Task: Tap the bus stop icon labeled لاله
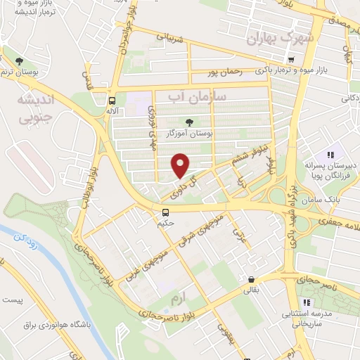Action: tap(112, 100)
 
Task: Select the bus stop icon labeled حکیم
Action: tap(165, 212)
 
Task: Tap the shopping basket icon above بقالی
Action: tap(251, 278)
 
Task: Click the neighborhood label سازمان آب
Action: tap(191, 97)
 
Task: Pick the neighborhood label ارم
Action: tap(180, 300)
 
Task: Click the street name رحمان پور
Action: tap(224, 72)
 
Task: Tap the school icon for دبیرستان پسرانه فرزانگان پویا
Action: tap(330, 154)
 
